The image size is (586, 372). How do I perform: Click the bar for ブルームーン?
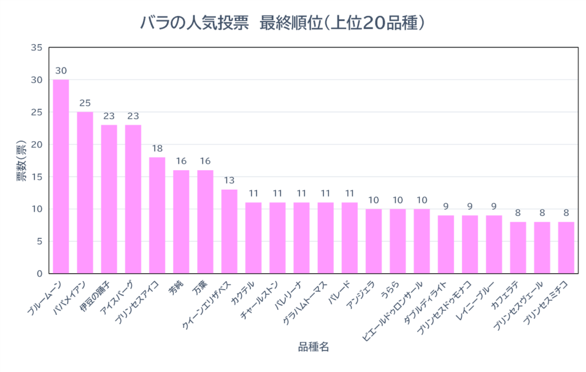pyautogui.click(x=61, y=177)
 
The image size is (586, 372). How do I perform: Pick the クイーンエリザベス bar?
pyautogui.click(x=229, y=231)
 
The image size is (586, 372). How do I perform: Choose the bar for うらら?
pyautogui.click(x=397, y=241)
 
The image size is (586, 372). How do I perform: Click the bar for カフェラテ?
pyautogui.click(x=517, y=247)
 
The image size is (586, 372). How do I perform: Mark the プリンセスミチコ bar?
pyautogui.click(x=565, y=247)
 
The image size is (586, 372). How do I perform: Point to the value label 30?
pyautogui.click(x=61, y=71)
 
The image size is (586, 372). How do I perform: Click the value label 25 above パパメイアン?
pyautogui.click(x=85, y=103)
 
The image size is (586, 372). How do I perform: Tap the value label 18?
pyautogui.click(x=157, y=149)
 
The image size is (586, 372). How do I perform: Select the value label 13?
pyautogui.click(x=229, y=181)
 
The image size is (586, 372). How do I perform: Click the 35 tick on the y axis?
pyautogui.click(x=36, y=47)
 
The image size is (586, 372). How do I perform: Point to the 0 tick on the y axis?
pyautogui.click(x=39, y=274)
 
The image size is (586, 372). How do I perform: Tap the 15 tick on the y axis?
pyautogui.click(x=36, y=177)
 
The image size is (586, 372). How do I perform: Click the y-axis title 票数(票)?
pyautogui.click(x=21, y=161)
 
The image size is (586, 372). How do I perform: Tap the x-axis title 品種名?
pyautogui.click(x=313, y=347)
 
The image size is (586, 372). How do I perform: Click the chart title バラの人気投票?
pyautogui.click(x=195, y=23)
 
